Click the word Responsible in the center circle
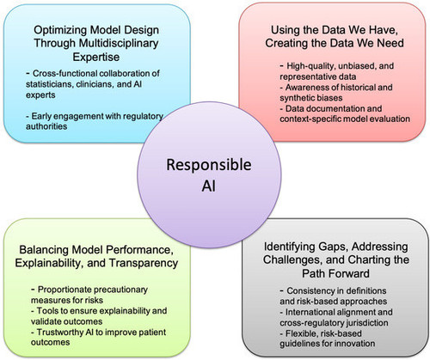click(209, 166)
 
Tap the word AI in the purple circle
click(208, 186)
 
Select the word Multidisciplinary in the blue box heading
click(119, 43)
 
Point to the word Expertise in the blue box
click(96, 57)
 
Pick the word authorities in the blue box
click(46, 126)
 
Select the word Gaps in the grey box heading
click(333, 247)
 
